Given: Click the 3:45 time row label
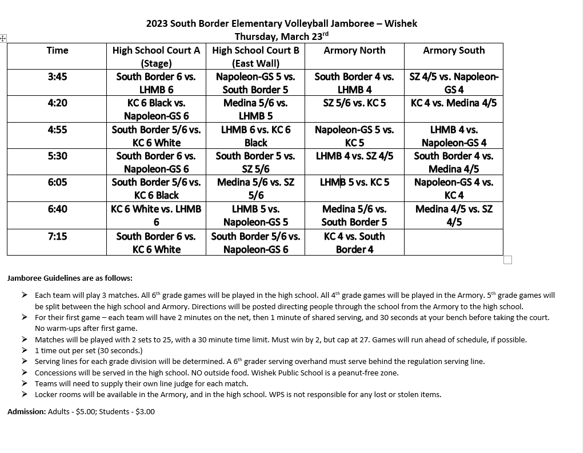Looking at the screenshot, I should [x=57, y=76].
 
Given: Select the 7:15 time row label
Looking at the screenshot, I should [x=57, y=236].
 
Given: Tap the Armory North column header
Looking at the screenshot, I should [x=354, y=50].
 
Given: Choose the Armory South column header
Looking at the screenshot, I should [x=454, y=50].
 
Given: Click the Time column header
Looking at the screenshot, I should [x=57, y=50].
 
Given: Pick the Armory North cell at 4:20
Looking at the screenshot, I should [x=354, y=103].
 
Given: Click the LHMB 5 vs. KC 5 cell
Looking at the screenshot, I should [x=354, y=183].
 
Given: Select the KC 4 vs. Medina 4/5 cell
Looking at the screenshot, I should [x=454, y=103].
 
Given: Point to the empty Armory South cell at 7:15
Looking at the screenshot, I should [x=454, y=242].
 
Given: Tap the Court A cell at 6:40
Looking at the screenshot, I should [x=156, y=216].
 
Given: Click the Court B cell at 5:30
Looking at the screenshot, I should [x=255, y=162].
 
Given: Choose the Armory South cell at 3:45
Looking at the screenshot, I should [x=454, y=83].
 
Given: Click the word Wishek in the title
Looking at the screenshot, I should [x=401, y=23].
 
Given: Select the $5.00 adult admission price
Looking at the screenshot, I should [x=83, y=411].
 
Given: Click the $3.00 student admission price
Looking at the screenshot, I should [x=145, y=411].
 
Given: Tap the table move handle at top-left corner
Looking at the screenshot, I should [x=3, y=38].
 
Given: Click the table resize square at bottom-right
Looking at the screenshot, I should [x=508, y=260].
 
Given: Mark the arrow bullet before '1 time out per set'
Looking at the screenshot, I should [x=25, y=350].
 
